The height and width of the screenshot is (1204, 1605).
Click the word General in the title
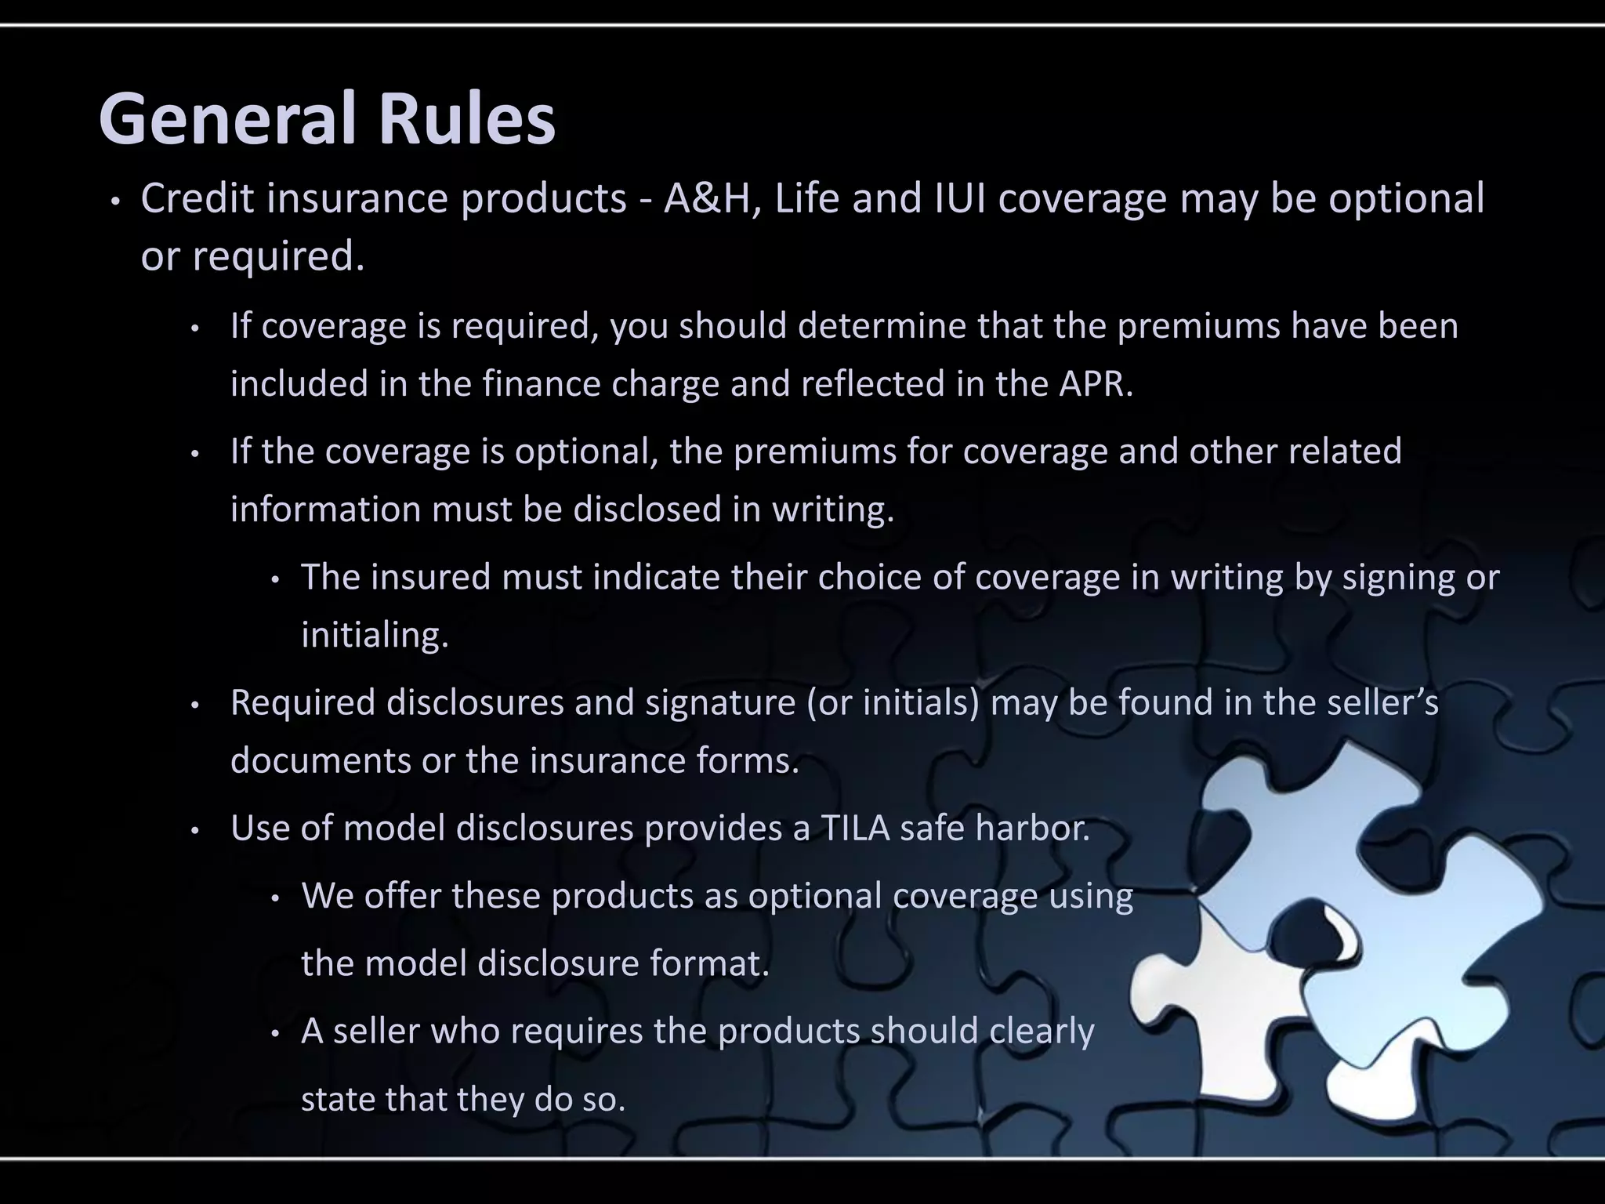click(227, 119)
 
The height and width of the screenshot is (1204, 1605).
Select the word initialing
click(375, 636)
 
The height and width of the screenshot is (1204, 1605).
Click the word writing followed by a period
click(832, 510)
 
